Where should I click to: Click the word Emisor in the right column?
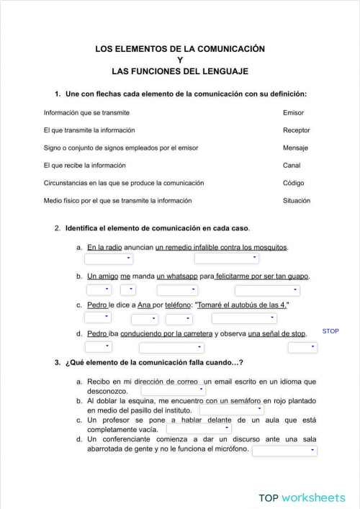click(293, 113)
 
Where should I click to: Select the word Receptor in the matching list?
click(297, 130)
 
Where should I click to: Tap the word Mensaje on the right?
click(295, 148)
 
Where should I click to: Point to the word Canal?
click(292, 165)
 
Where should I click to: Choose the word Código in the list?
click(293, 183)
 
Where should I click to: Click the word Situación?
click(297, 200)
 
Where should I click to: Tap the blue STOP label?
click(330, 331)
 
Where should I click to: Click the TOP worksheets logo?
click(302, 497)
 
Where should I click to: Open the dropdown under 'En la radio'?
click(109, 258)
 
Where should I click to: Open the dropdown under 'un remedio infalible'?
click(226, 258)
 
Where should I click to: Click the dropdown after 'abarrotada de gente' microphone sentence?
click(284, 451)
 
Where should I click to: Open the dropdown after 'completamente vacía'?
click(199, 428)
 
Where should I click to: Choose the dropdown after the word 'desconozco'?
click(173, 390)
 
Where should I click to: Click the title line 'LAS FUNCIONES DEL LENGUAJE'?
click(180, 72)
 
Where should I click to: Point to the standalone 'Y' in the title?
click(180, 60)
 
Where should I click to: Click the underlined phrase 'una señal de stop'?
click(276, 333)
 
